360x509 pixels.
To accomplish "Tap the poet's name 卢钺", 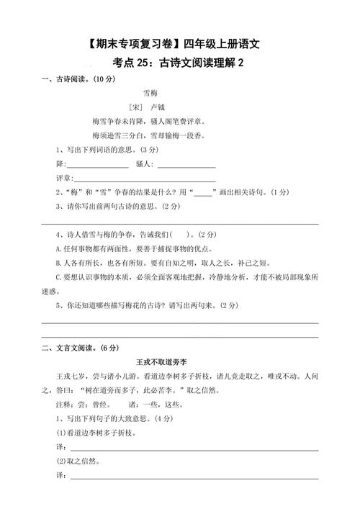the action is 158,106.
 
